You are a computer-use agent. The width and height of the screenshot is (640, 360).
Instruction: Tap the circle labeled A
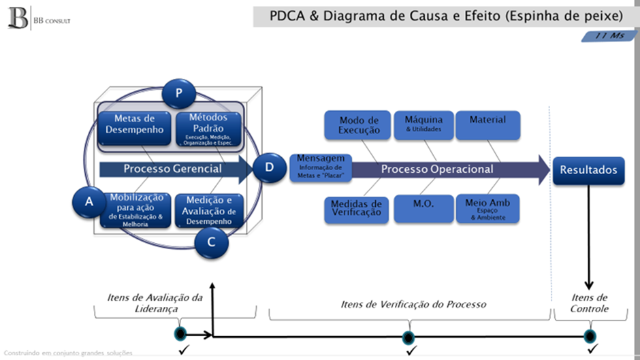coord(89,202)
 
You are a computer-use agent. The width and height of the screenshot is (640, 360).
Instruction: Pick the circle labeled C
coord(211,242)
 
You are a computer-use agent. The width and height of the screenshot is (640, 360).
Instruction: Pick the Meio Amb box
coord(487,208)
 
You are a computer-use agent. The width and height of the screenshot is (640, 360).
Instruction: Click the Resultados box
coord(588,169)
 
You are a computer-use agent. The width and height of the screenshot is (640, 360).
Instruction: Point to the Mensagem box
coord(320,167)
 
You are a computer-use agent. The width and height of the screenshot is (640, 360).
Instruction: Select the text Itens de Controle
coord(589,303)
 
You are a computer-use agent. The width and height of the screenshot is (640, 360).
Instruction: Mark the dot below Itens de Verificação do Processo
coord(409,336)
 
